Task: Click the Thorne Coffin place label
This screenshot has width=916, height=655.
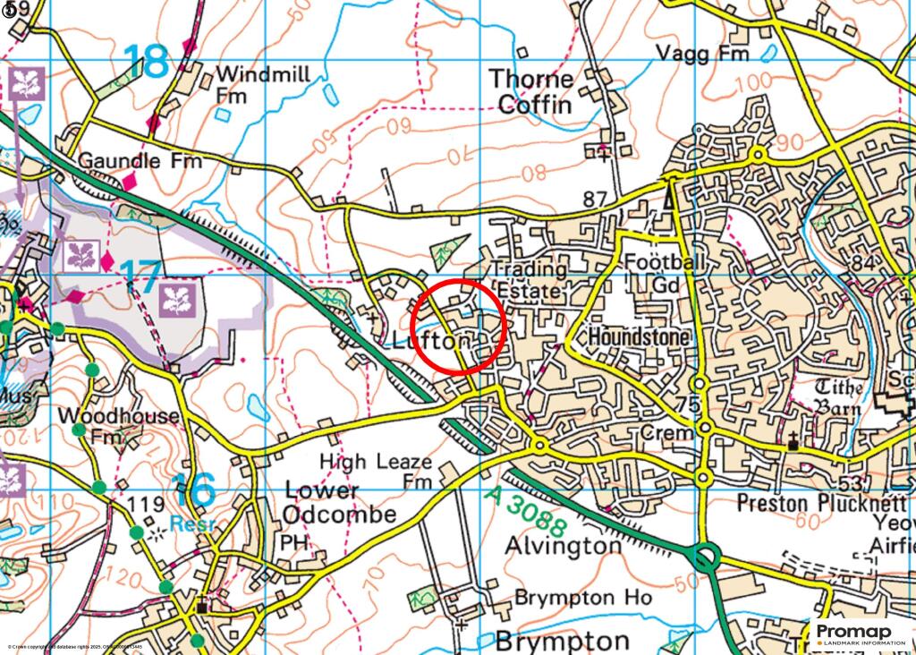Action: [x=530, y=92]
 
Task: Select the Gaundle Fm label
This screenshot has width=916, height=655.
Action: [x=140, y=161]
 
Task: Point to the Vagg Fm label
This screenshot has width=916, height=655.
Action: [x=702, y=55]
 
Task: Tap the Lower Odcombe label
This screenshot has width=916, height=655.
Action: [x=339, y=503]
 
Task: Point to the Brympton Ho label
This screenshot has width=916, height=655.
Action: [x=577, y=597]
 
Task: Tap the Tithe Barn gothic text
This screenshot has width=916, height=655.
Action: [x=838, y=396]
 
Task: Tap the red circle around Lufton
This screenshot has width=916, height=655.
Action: [x=460, y=324]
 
